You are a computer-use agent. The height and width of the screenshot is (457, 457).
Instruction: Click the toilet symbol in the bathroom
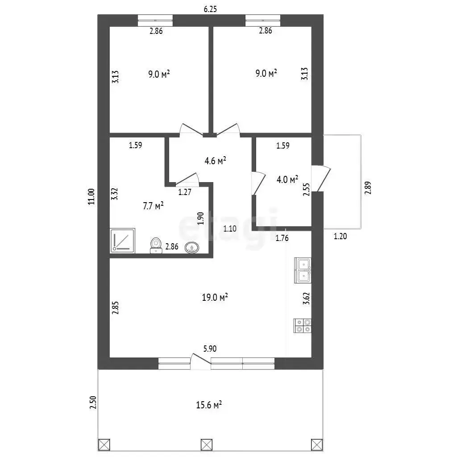click(x=156, y=245)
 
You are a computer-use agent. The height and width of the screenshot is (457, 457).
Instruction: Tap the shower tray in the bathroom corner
click(x=123, y=241)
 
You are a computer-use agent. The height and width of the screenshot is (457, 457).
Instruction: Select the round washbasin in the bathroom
click(x=192, y=248)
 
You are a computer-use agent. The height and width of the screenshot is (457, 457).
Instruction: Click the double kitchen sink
click(x=303, y=270)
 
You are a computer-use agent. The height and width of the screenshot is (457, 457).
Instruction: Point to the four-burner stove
click(x=302, y=326)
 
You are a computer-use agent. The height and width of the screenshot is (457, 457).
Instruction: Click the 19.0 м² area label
click(x=215, y=297)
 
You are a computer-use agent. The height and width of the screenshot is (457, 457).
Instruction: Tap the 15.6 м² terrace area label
click(x=209, y=405)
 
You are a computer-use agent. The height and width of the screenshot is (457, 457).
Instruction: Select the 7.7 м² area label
click(x=153, y=206)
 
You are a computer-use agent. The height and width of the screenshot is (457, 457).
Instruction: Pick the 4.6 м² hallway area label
click(x=216, y=161)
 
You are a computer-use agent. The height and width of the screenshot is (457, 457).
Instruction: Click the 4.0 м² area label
click(x=287, y=179)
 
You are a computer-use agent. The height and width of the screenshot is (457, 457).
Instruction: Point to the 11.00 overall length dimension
click(x=91, y=196)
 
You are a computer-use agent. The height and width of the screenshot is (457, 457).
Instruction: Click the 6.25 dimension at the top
click(x=210, y=9)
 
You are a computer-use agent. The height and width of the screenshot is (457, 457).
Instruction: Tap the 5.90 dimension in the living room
click(x=210, y=349)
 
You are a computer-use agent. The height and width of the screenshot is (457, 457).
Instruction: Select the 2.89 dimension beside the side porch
click(x=368, y=188)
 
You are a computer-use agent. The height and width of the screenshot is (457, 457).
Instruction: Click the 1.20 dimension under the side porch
click(x=340, y=236)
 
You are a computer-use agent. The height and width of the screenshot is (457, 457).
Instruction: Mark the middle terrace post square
click(x=207, y=445)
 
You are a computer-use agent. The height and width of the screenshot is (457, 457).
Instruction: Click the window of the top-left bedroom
click(x=155, y=21)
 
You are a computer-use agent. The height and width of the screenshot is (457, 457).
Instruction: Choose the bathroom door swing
click(x=187, y=179)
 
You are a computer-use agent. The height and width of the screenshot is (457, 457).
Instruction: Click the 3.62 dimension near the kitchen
click(x=306, y=299)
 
